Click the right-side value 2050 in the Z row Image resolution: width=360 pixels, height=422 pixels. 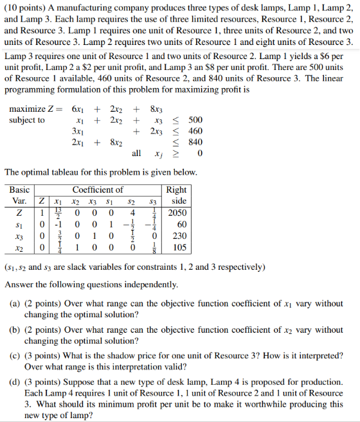[x=176, y=212]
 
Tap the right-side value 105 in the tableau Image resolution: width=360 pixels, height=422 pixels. [x=178, y=247]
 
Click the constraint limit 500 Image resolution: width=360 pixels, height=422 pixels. [x=195, y=119]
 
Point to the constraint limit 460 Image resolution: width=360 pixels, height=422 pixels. [x=195, y=131]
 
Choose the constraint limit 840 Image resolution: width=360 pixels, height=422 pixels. [x=195, y=142]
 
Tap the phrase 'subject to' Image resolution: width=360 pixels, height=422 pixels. [x=27, y=119]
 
